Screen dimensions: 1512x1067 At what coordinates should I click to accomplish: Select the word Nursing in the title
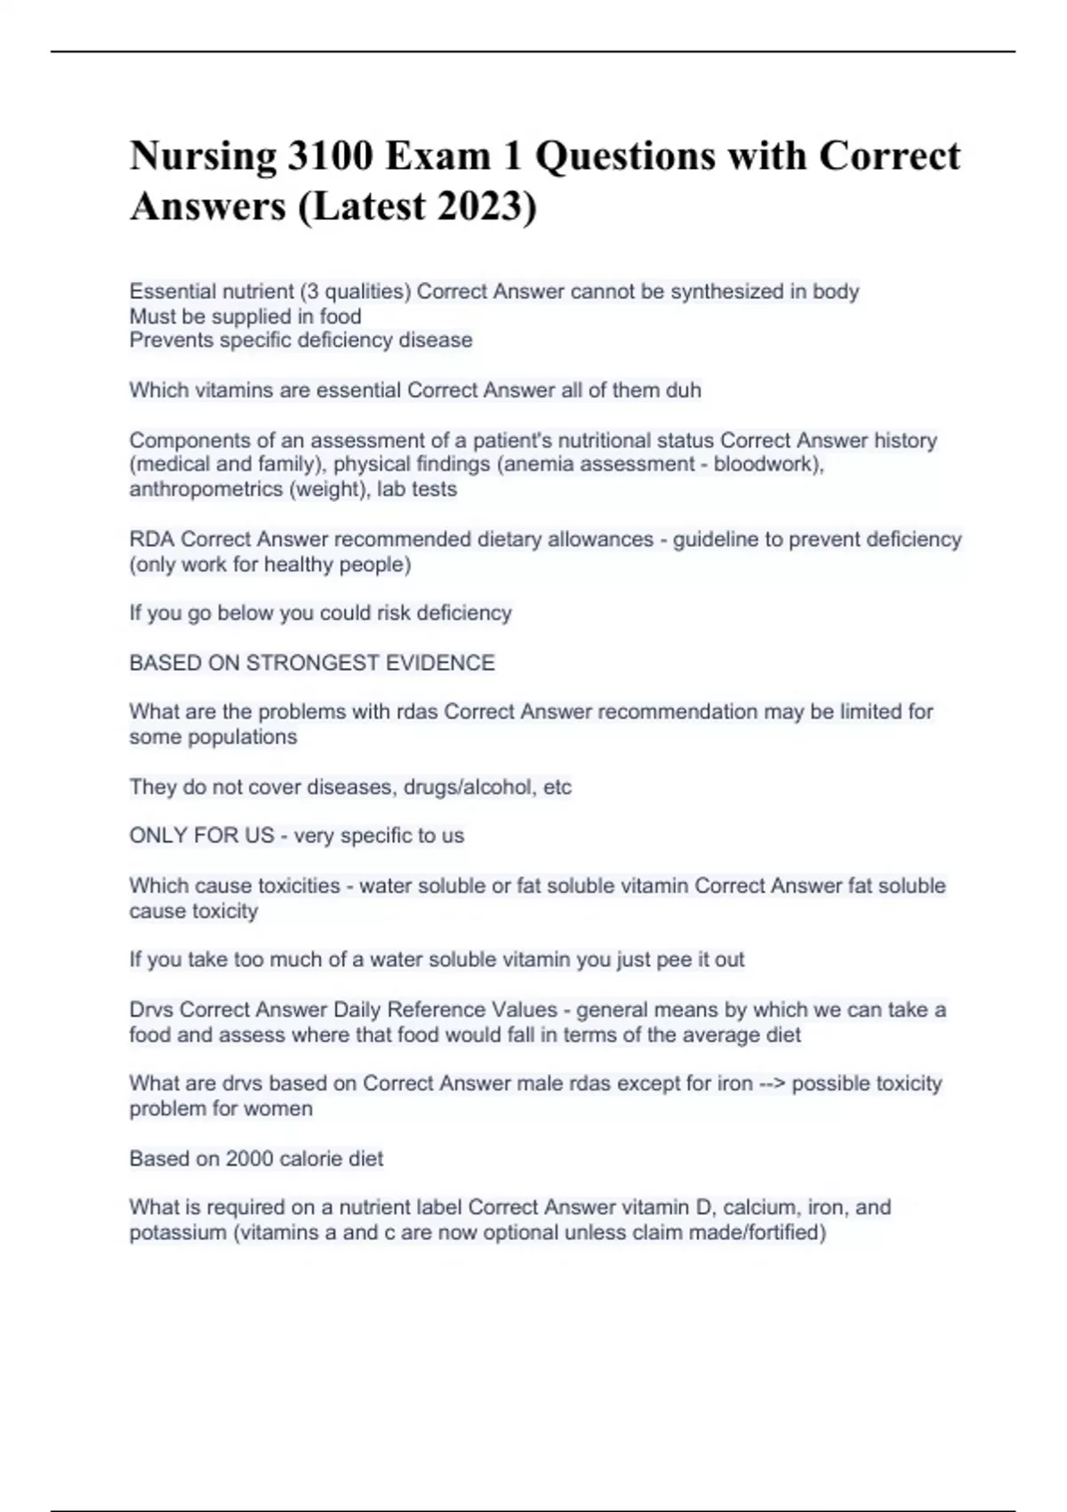(204, 157)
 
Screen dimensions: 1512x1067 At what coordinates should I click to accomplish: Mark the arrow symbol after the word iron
(772, 1084)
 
